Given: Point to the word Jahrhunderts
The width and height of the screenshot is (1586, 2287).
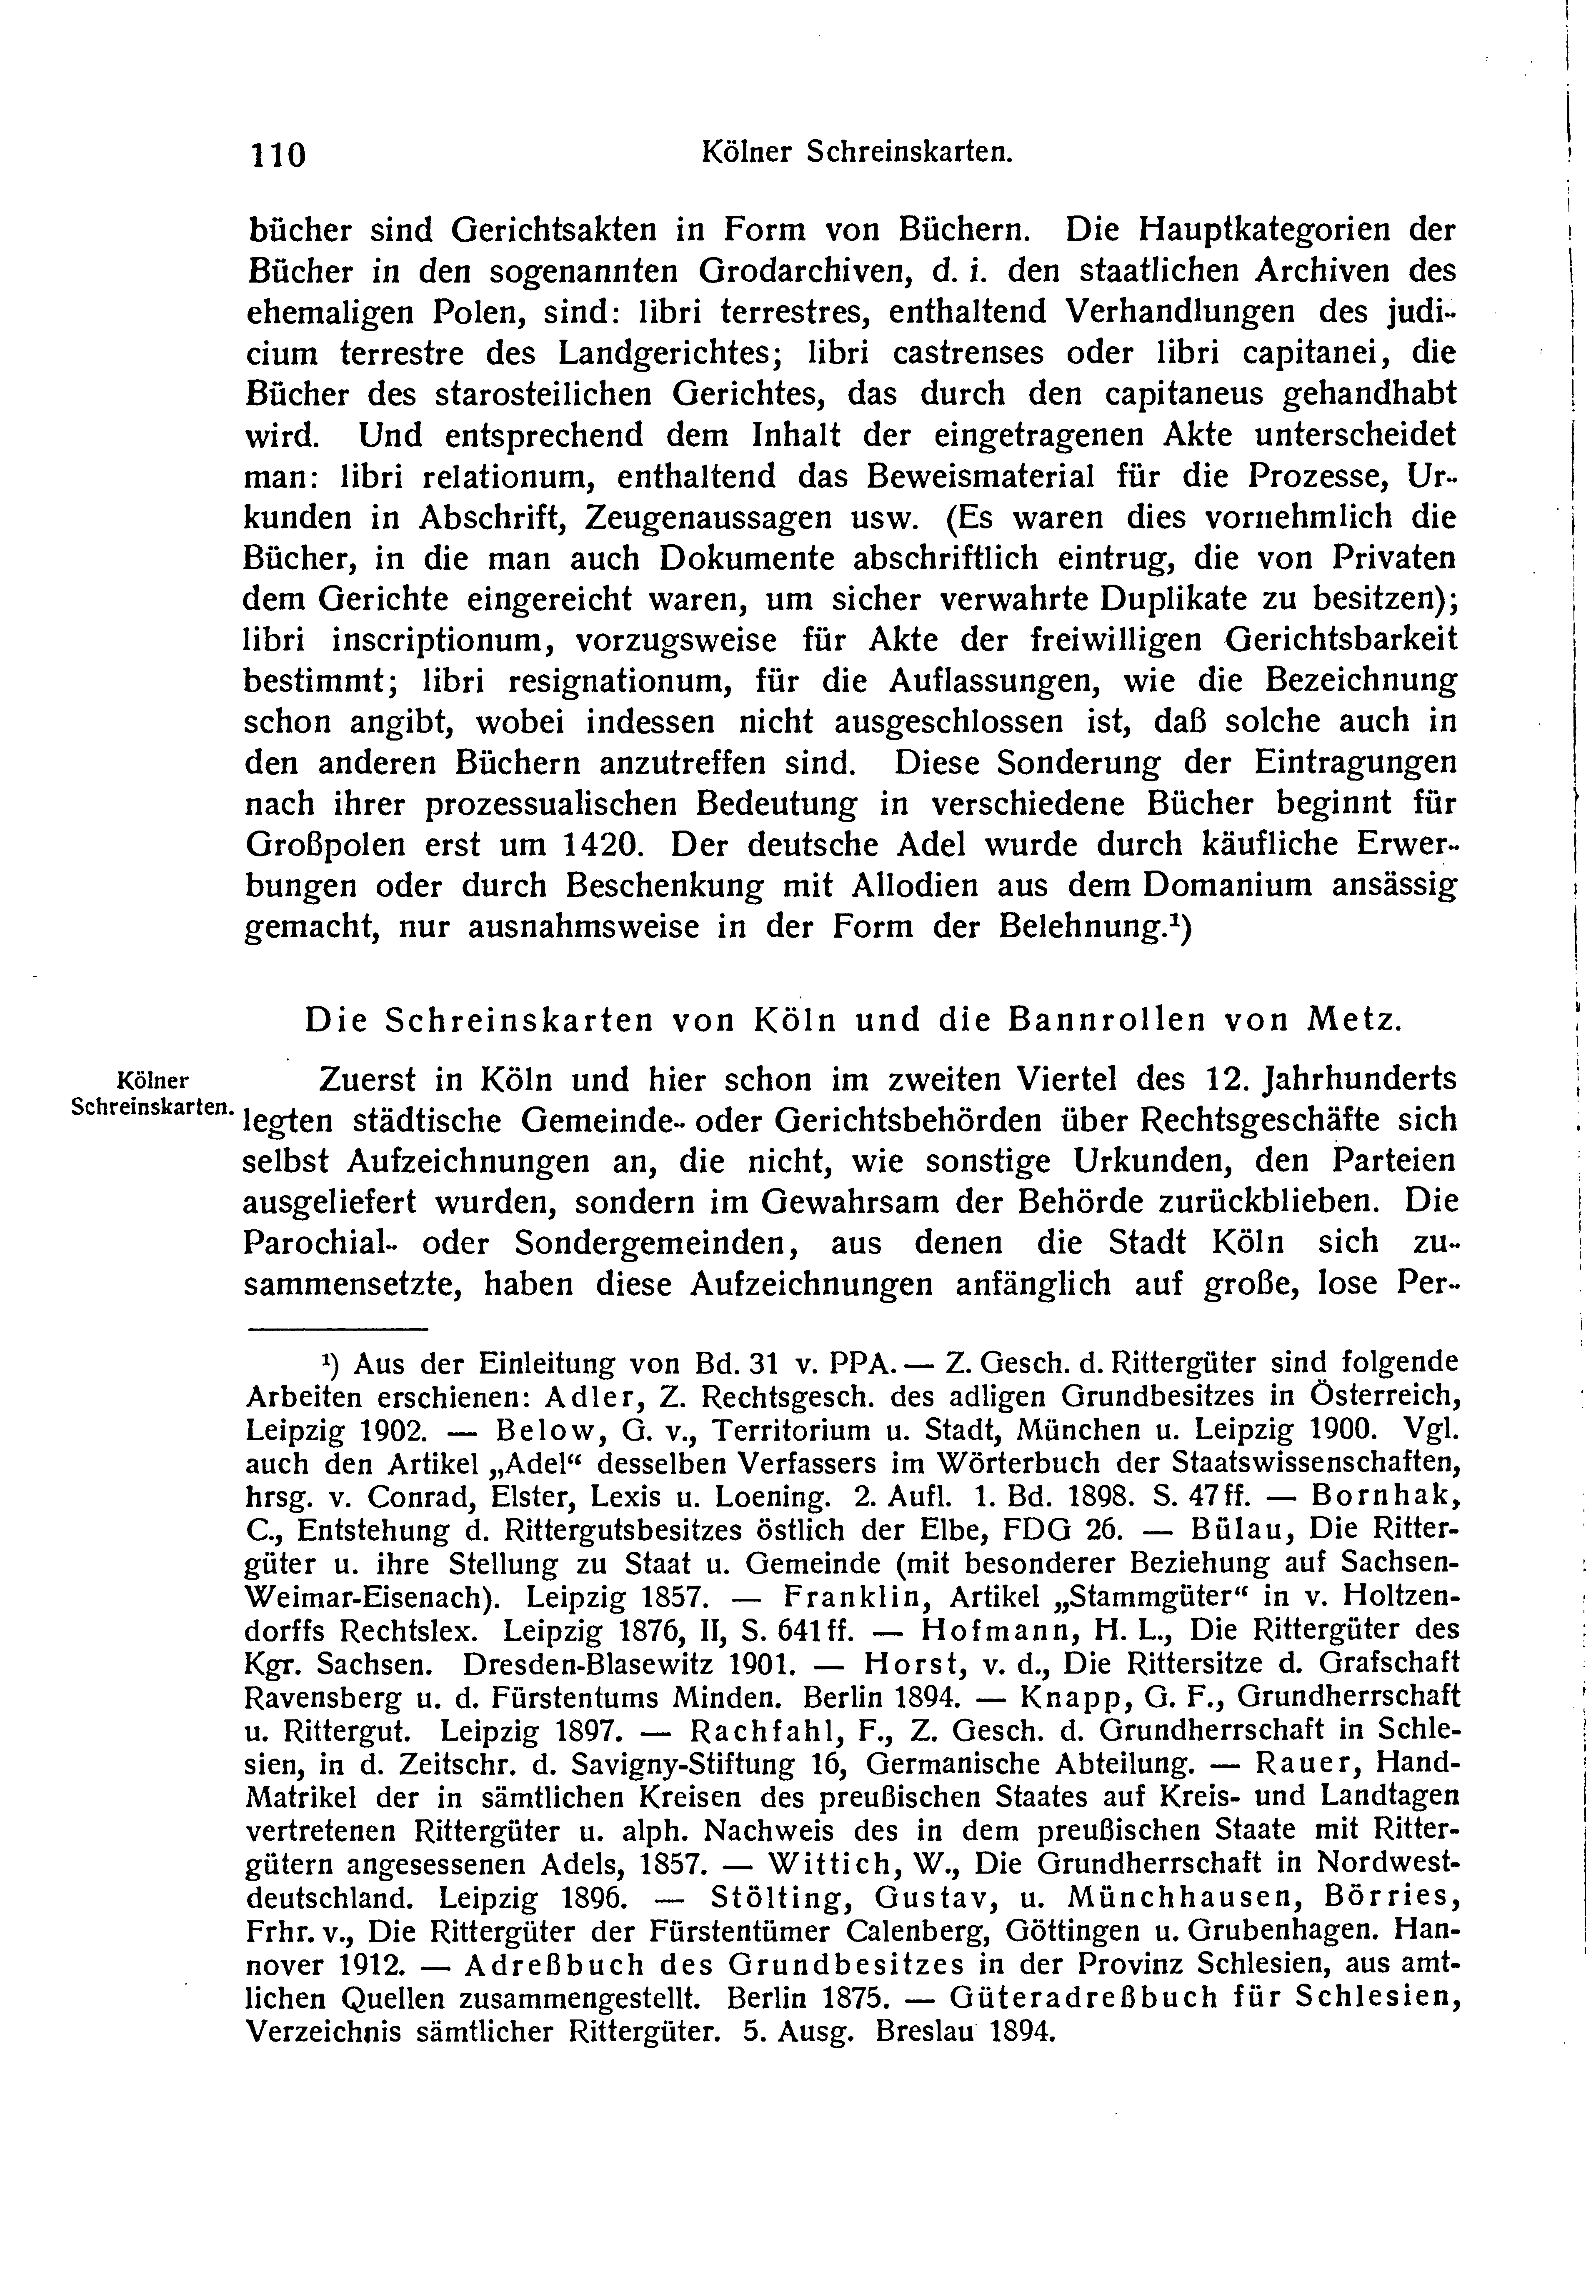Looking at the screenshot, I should point(1358,1079).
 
